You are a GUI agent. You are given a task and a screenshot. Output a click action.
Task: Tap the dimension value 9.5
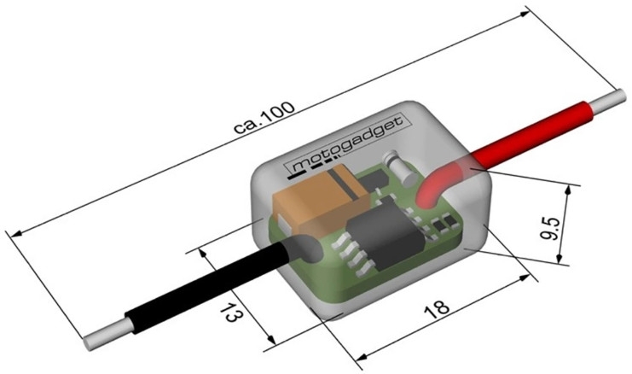(550, 228)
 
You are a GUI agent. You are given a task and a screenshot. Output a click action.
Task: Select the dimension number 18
(436, 308)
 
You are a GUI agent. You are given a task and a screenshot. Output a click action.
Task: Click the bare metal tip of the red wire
(608, 102)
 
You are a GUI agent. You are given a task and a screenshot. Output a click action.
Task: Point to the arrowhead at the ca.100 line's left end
(16, 234)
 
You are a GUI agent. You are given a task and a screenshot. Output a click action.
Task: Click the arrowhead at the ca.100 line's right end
(524, 15)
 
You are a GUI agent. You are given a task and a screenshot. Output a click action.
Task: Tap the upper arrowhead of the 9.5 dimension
(568, 190)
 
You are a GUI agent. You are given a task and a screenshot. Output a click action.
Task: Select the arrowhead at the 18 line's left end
(362, 357)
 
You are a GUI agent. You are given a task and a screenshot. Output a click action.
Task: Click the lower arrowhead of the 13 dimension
(271, 339)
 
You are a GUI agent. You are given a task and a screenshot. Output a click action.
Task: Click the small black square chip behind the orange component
(374, 178)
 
